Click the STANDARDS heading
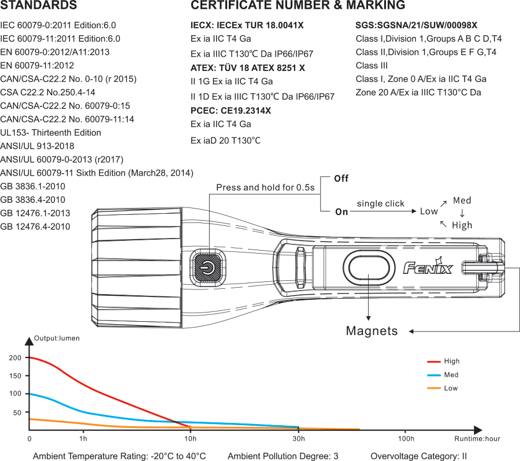38,6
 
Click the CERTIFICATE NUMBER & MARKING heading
298,6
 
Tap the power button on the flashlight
206,267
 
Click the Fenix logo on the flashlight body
428,267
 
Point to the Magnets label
372,331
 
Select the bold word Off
341,179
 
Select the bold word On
341,211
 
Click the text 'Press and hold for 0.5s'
265,188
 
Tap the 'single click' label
380,203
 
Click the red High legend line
434,362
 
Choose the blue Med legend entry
442,375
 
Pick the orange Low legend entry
442,388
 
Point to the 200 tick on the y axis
15,358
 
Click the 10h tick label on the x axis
190,439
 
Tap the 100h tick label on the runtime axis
406,439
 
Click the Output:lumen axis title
57,339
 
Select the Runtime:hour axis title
477,439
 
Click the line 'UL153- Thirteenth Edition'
51,133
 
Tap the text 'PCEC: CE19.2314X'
231,110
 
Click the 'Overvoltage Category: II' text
418,456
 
